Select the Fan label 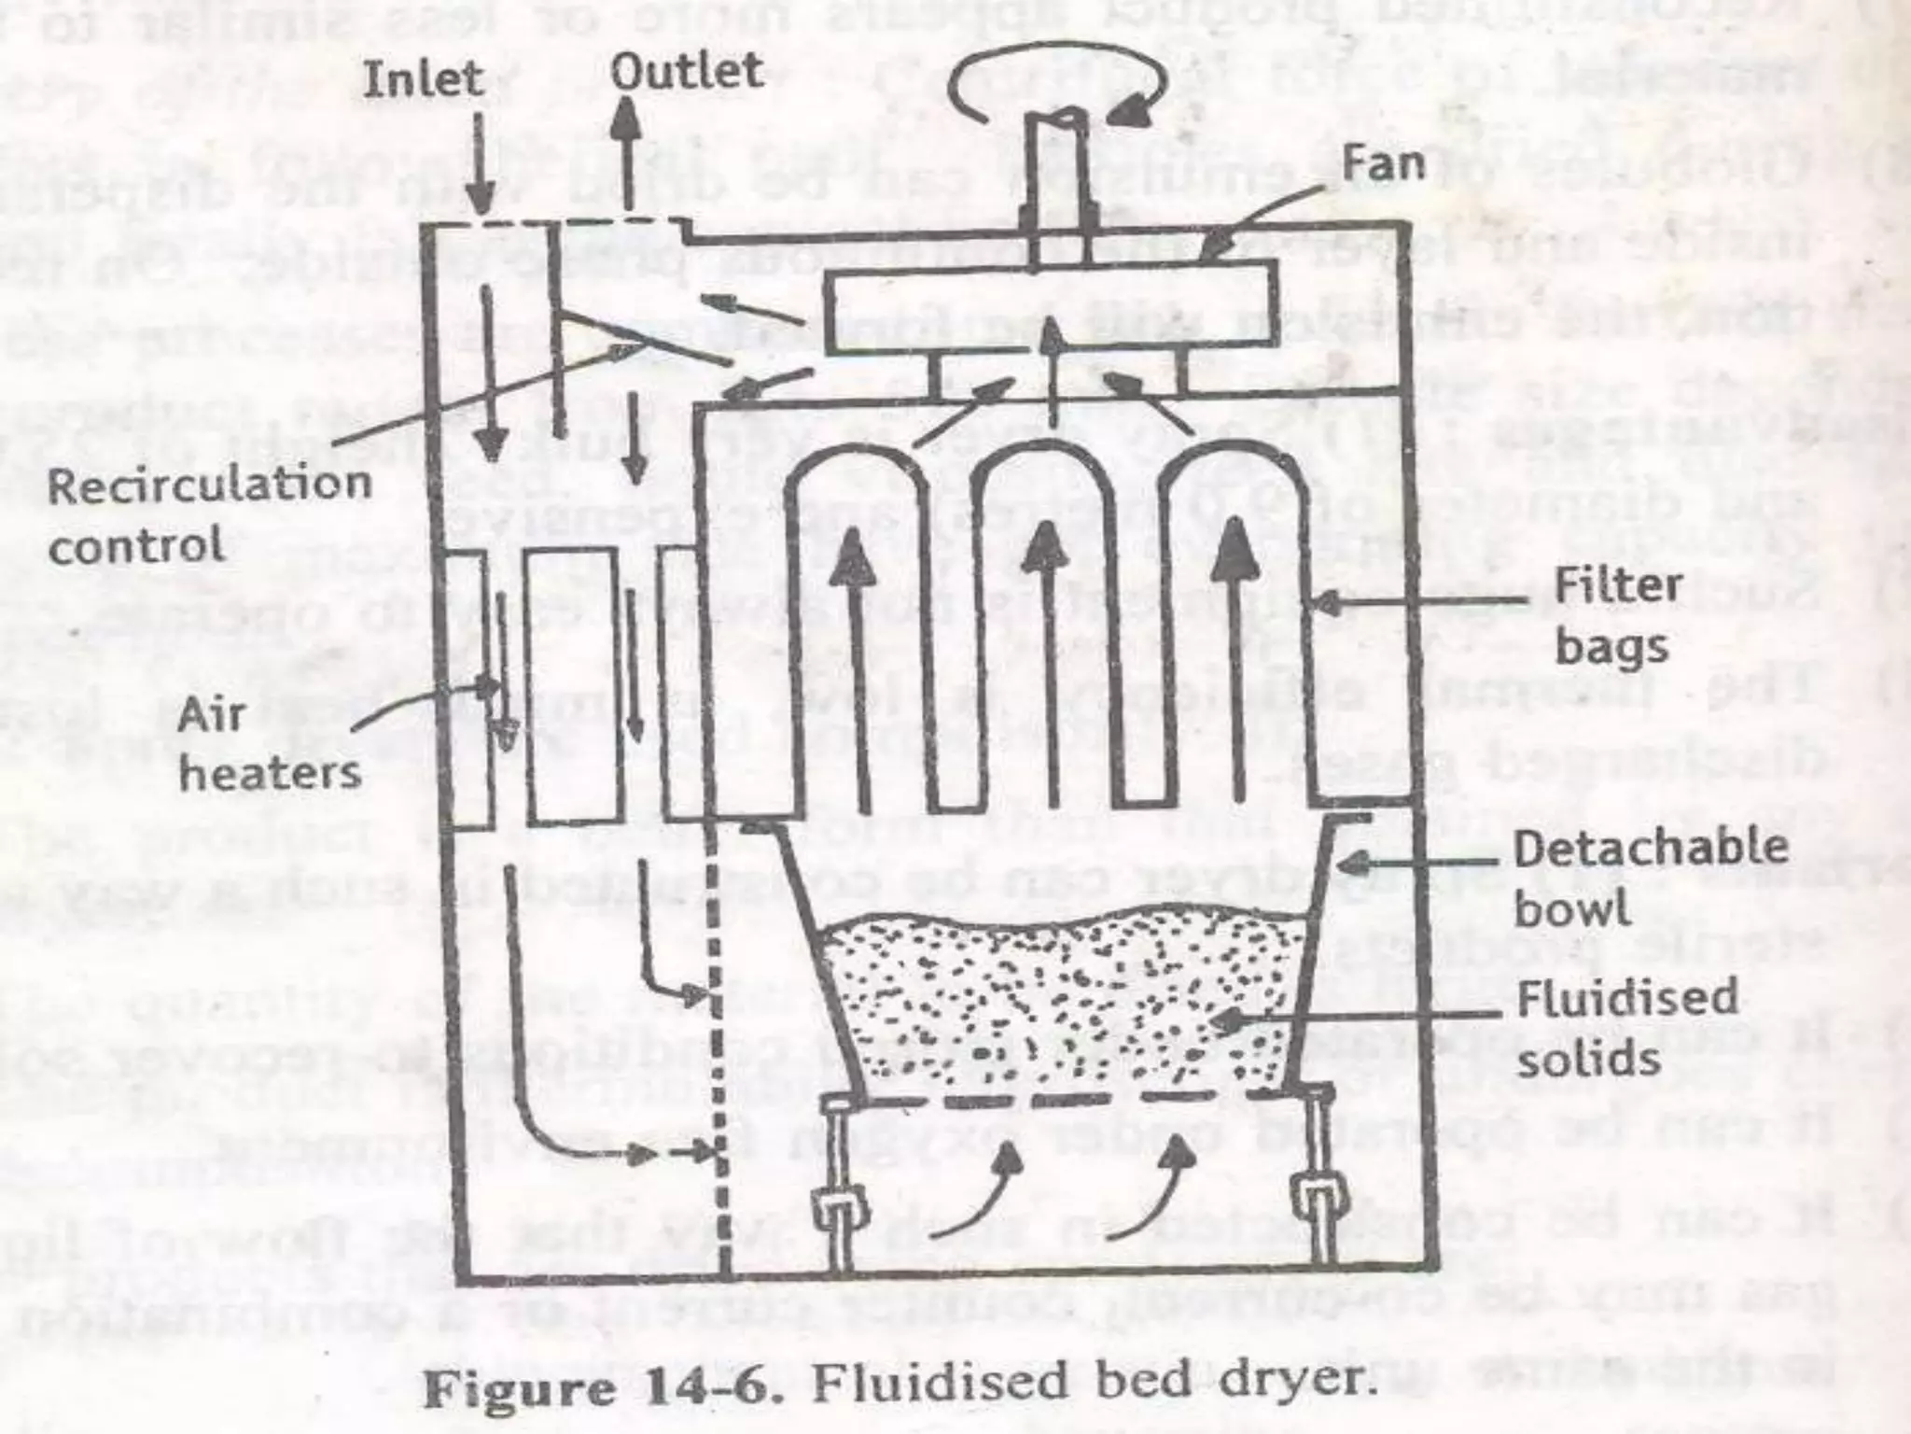[x=1384, y=164]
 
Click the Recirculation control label [x=209, y=513]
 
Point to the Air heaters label [x=269, y=743]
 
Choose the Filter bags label [x=1618, y=615]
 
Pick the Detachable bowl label [x=1650, y=877]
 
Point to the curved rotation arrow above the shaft [x=1054, y=90]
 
